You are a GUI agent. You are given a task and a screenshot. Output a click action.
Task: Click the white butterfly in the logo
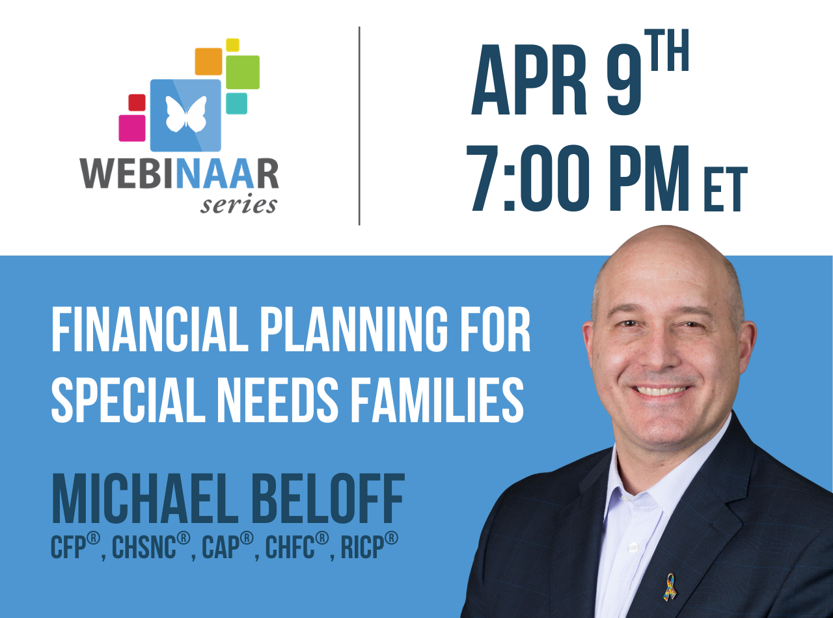[x=186, y=114]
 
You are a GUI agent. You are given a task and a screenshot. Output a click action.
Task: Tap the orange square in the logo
[x=208, y=61]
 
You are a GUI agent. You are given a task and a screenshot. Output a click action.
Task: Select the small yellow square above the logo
[x=232, y=45]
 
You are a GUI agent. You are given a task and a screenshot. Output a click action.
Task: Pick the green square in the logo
[x=243, y=72]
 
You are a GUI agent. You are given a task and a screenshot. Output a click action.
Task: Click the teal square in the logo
[x=237, y=103]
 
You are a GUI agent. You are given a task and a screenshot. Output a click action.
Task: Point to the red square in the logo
[x=137, y=103]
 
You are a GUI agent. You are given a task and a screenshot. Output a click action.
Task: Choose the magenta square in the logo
[x=132, y=128]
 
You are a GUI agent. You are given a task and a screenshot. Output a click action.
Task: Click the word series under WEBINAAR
[x=239, y=205]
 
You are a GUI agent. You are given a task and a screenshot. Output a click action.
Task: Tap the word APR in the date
[x=529, y=80]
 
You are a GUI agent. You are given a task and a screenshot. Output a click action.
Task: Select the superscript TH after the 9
[x=666, y=50]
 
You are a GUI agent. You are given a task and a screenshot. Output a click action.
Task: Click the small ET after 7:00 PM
[x=726, y=189]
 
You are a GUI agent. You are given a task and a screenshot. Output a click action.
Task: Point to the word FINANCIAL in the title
[x=150, y=329]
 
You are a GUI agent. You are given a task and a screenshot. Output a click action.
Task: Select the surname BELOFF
[x=328, y=498]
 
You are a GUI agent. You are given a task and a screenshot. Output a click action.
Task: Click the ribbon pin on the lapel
[x=670, y=587]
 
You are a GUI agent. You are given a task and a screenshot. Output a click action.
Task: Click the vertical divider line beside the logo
[x=359, y=126]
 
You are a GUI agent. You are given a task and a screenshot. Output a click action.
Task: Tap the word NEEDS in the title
[x=278, y=400]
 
